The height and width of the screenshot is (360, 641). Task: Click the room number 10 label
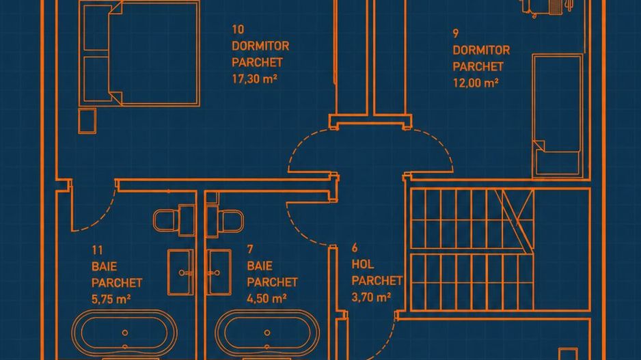tap(238, 29)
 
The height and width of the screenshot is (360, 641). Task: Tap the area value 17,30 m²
tap(255, 79)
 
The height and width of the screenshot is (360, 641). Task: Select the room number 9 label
tap(456, 33)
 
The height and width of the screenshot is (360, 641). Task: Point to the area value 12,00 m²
tap(476, 83)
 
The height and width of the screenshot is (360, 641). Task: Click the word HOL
tap(363, 264)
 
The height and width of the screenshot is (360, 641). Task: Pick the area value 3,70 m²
tap(371, 297)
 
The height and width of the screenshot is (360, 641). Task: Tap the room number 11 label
tap(97, 250)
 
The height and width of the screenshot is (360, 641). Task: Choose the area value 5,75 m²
tap(111, 299)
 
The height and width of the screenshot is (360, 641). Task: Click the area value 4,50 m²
tap(267, 299)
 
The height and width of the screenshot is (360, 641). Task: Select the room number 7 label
tap(250, 249)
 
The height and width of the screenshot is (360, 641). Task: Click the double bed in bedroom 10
tap(139, 53)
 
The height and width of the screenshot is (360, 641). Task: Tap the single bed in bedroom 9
tap(558, 116)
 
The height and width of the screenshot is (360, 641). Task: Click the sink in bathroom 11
tap(180, 272)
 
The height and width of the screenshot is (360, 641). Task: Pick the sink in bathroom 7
tap(219, 272)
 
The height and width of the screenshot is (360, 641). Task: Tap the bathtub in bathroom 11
tap(124, 333)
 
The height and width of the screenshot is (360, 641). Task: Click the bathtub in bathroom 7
tap(267, 333)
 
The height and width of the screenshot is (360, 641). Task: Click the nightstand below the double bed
tap(87, 121)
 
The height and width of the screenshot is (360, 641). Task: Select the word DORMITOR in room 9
tap(481, 51)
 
